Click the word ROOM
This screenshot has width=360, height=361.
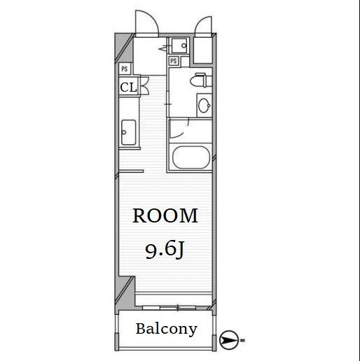point(165,216)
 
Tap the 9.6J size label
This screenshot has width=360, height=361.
point(165,250)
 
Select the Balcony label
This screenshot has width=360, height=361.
point(167,330)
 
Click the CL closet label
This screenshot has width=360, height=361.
point(128,87)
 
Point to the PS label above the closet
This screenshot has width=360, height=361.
point(125,69)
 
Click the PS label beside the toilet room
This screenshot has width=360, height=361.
point(174,61)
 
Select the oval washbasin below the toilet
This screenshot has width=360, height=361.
point(205,106)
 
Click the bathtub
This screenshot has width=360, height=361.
point(191,157)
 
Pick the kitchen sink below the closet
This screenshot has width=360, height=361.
point(128,132)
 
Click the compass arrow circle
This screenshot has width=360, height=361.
point(229,340)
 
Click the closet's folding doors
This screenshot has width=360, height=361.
point(145,85)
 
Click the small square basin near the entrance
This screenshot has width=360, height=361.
point(179,45)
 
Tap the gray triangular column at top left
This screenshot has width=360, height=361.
point(123,48)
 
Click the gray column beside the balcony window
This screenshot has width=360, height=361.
point(125,292)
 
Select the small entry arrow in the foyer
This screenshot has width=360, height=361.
point(162,49)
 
